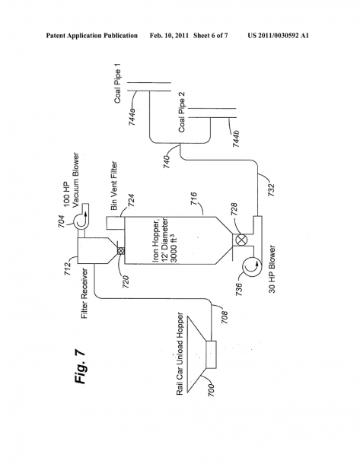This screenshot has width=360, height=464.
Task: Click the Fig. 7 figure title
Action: [80, 367]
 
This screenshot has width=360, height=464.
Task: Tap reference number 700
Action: [211, 390]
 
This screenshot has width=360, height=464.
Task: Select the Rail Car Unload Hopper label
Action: [180, 354]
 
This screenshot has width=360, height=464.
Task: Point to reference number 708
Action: [225, 317]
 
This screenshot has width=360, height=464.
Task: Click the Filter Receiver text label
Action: [85, 294]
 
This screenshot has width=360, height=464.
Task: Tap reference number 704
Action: [62, 221]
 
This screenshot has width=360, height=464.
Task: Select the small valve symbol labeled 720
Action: [121, 251]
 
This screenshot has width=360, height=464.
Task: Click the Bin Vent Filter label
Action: [114, 186]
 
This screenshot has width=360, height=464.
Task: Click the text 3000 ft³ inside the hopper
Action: [174, 248]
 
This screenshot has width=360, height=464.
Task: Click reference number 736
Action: [239, 290]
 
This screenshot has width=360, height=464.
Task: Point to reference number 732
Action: [272, 190]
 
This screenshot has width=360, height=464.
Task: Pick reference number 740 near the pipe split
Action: [167, 162]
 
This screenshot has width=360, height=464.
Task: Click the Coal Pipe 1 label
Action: [118, 87]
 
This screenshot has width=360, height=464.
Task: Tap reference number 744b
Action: [236, 138]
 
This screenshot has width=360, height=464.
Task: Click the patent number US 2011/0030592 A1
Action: [278, 36]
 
